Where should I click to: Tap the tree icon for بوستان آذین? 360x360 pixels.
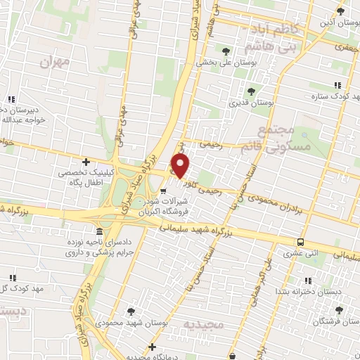341,11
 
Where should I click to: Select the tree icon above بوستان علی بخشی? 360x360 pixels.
226,51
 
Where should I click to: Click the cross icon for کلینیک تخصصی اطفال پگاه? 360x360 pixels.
86,162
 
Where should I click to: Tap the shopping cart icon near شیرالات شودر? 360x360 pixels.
163,190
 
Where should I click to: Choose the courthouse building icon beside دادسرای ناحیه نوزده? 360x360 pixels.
98,232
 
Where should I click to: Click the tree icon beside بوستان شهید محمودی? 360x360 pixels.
131,310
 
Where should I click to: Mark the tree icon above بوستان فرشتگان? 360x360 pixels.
340,310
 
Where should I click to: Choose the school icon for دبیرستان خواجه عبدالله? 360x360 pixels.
10,99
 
